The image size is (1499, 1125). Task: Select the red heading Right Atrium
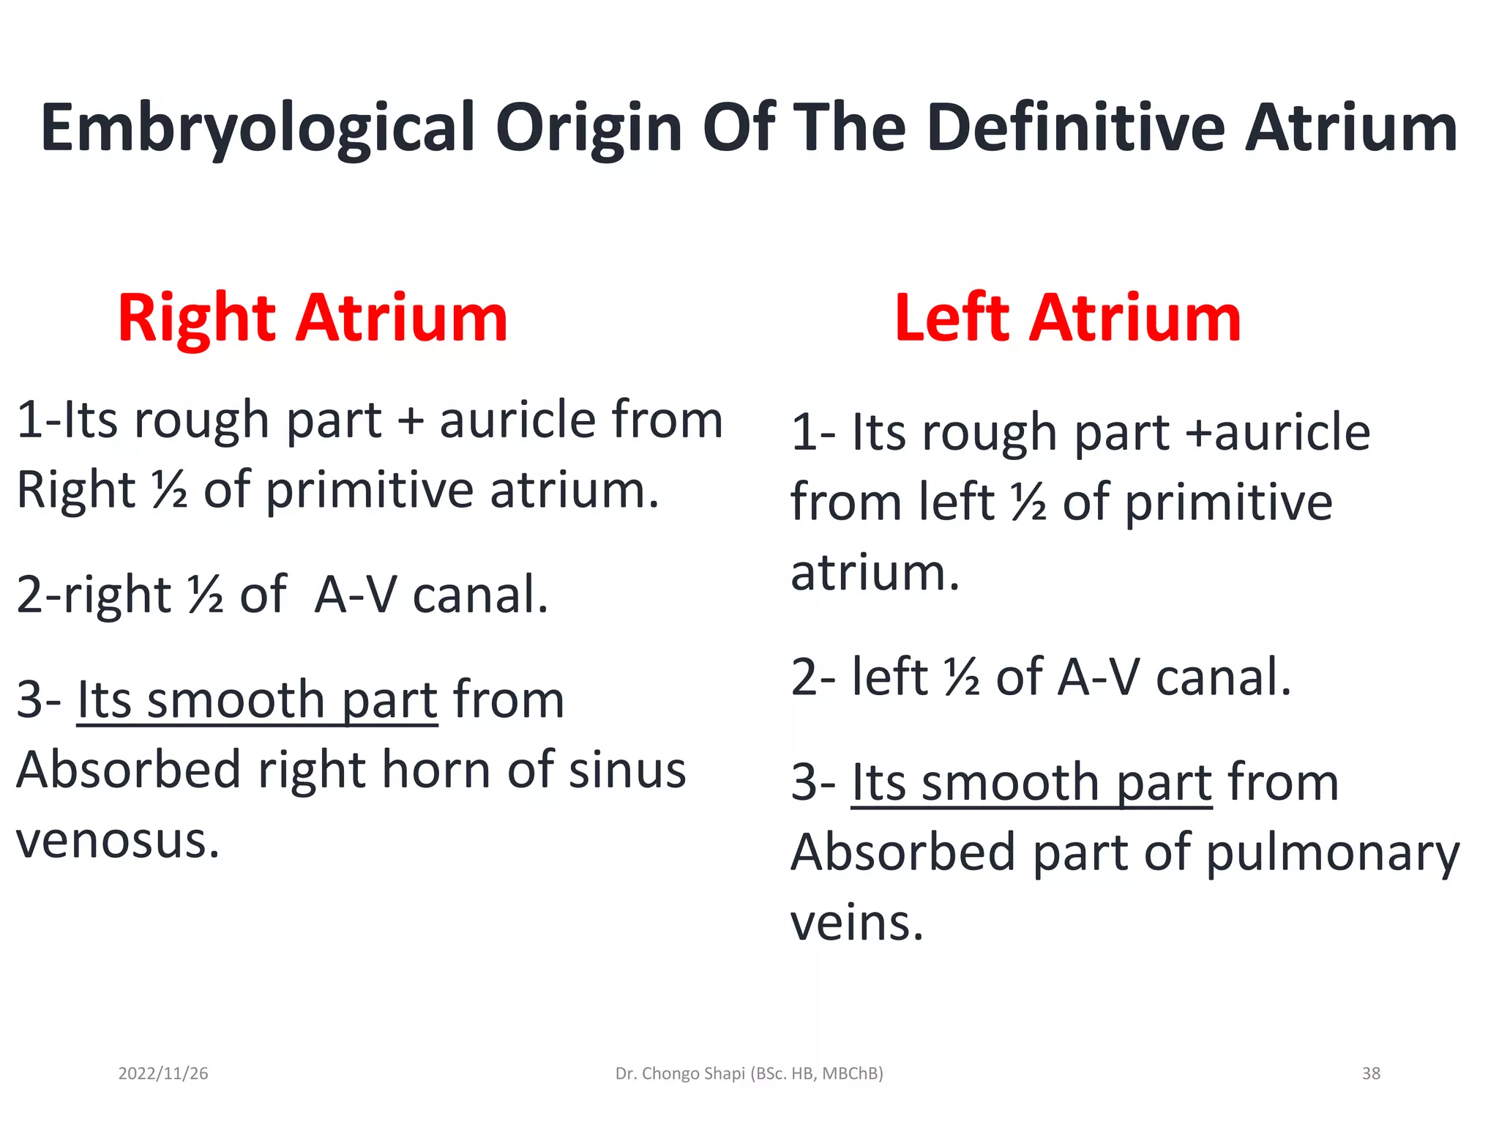pyautogui.click(x=313, y=318)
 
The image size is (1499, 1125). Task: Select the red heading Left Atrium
pyautogui.click(x=1068, y=318)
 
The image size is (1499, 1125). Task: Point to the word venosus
pyautogui.click(x=118, y=841)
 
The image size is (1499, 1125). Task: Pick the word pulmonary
pyautogui.click(x=1332, y=854)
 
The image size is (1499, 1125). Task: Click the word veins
pyautogui.click(x=857, y=923)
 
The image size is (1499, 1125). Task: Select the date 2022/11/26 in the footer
pyautogui.click(x=163, y=1074)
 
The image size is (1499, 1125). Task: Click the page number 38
pyautogui.click(x=1371, y=1074)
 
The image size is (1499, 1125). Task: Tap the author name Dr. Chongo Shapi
pyautogui.click(x=681, y=1074)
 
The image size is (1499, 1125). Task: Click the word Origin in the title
pyautogui.click(x=589, y=129)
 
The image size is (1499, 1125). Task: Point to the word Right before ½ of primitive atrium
pyautogui.click(x=76, y=490)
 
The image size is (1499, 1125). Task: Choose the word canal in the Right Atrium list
pyautogui.click(x=480, y=595)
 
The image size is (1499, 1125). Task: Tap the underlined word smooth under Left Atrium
pyautogui.click(x=1010, y=783)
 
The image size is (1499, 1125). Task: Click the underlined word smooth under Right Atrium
pyautogui.click(x=236, y=700)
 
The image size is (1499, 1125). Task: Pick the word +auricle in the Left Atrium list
pyautogui.click(x=1278, y=432)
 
